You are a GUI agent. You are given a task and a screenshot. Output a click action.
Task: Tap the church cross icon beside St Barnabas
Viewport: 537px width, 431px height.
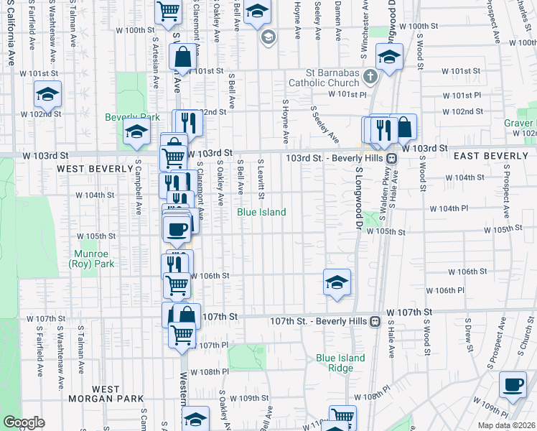point(370,75)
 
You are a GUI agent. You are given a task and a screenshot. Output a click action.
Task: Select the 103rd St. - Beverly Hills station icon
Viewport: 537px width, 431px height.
point(392,158)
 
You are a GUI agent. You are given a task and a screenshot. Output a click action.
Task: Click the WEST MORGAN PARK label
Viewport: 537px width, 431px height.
point(105,394)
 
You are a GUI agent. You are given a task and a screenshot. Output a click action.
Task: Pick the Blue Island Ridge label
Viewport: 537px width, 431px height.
point(340,363)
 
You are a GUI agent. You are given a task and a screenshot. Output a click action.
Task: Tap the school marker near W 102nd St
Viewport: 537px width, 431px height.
point(47,94)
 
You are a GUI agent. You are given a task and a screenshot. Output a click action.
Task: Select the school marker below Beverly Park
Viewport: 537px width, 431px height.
point(136,132)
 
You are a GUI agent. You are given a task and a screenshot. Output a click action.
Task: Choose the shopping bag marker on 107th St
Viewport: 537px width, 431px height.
point(187,315)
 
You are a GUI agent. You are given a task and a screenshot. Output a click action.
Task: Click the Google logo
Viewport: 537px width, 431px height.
point(24,423)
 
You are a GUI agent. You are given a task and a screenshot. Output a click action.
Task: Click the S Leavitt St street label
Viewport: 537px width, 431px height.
point(261,180)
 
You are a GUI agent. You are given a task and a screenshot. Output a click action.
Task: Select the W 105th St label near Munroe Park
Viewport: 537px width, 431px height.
point(97,236)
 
